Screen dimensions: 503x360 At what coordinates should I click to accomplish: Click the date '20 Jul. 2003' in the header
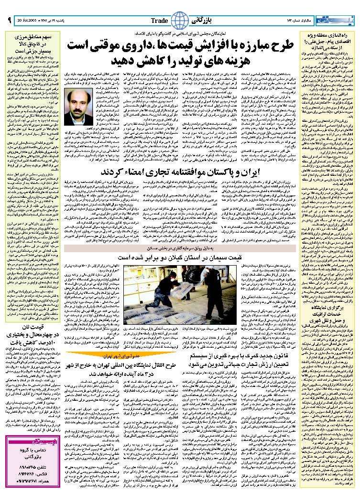point(28,21)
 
